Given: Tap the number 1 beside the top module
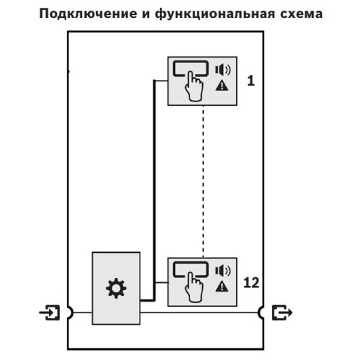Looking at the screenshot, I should click(x=250, y=81).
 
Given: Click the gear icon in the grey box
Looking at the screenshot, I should click(x=115, y=290).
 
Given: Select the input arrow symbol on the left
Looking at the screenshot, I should click(x=51, y=313).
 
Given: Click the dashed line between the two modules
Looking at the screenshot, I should click(x=203, y=180).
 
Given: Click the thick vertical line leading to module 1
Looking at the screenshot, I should click(x=152, y=180).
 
